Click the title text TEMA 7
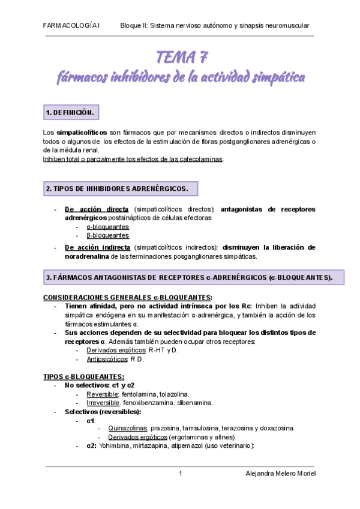coord(182,58)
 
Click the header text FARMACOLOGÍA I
coord(73,26)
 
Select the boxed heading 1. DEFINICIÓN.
coord(70,113)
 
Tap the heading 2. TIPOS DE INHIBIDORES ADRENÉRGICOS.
coord(117,189)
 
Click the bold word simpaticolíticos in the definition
coord(82,132)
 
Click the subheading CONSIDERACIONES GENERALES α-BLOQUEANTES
coord(127,297)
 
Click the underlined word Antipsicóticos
coord(107,359)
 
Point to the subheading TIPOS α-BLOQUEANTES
coord(83,376)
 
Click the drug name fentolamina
coord(142,394)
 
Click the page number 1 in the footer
coord(180,474)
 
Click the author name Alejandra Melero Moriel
coord(281,474)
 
